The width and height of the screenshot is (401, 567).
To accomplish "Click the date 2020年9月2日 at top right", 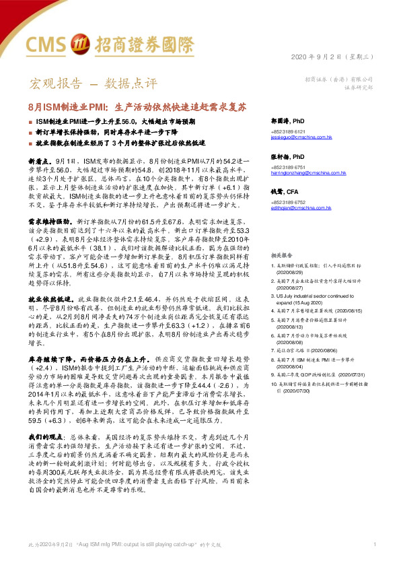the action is (x=325, y=58).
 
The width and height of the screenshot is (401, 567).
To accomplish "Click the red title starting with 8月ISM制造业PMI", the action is (x=138, y=106).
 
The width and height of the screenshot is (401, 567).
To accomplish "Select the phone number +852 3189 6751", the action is (x=289, y=167).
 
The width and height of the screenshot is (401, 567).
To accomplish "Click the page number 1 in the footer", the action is (x=373, y=543).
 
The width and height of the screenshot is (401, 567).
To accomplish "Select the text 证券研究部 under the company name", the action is (x=357, y=88).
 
